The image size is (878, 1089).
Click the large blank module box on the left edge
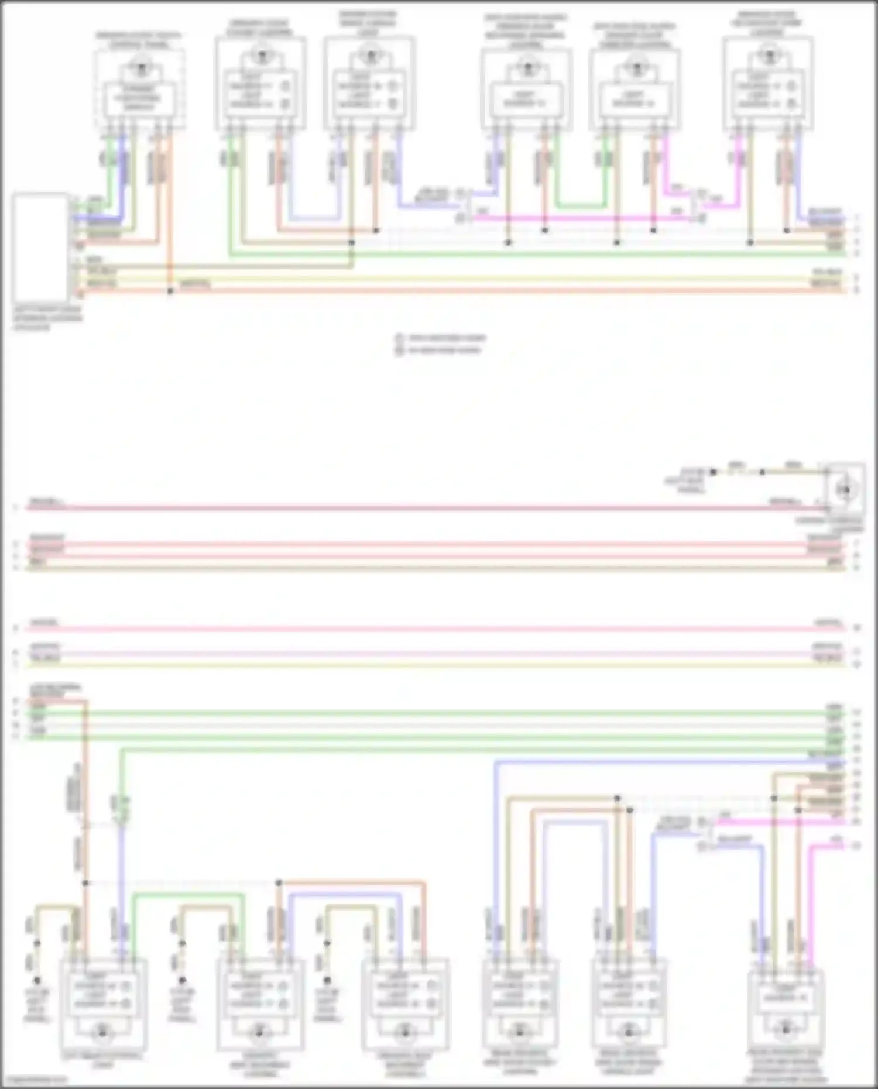click(40, 247)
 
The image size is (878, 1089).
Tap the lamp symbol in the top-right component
click(768, 57)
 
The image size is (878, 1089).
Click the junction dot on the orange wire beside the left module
click(170, 291)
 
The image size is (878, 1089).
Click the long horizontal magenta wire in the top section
click(585, 218)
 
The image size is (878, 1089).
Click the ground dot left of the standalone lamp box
click(713, 472)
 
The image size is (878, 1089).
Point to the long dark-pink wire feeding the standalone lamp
click(410, 508)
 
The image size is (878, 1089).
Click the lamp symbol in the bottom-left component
click(103, 1032)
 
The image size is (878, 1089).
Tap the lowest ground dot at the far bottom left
click(37, 980)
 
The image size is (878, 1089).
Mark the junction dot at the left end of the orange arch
click(279, 882)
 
